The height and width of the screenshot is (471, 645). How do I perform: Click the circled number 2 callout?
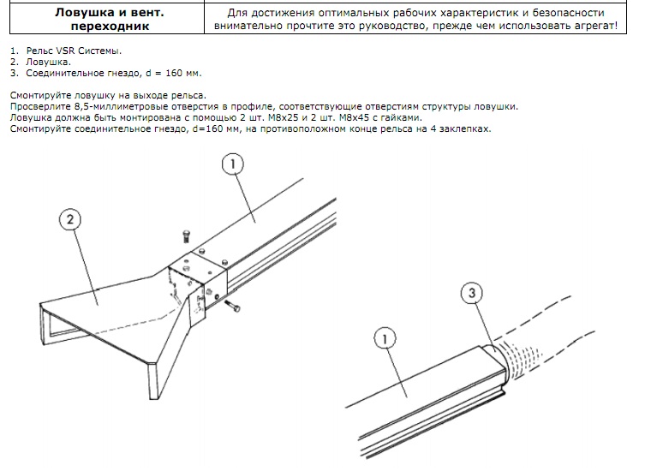(x=70, y=219)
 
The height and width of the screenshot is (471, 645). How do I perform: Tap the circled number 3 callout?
(x=471, y=293)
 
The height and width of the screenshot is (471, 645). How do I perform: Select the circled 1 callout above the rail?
(x=232, y=164)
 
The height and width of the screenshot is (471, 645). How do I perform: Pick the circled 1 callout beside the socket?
(x=385, y=339)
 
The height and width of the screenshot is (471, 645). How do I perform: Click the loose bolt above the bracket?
(x=186, y=236)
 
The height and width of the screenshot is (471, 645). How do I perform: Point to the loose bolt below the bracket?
(x=232, y=307)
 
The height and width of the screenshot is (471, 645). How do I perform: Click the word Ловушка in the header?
(x=85, y=12)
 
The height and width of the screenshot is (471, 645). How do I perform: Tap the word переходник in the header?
(x=110, y=26)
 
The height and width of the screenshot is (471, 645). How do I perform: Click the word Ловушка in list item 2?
(x=48, y=63)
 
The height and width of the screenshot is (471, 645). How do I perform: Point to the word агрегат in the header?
(x=597, y=26)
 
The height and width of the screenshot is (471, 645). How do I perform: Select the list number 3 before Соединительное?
(x=14, y=74)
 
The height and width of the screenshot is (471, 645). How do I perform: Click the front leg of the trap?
(x=154, y=381)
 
